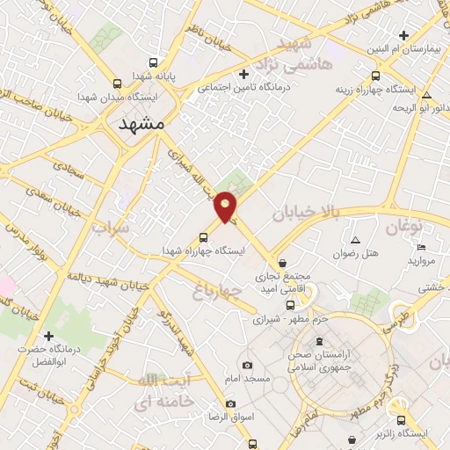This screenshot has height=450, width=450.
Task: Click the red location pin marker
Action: pos(227,207)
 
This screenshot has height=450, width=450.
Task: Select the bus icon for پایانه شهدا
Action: pos(154,63)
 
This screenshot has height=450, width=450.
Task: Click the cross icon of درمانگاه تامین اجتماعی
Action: pos(243,74)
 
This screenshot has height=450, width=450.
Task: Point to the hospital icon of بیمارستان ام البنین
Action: pos(403,35)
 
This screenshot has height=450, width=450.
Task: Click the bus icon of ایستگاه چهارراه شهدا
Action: pos(204,236)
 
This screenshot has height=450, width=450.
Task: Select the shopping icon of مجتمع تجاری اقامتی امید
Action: pos(282,262)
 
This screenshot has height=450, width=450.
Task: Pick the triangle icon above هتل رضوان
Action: pos(356,240)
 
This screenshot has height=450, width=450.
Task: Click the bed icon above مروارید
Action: pos(420,247)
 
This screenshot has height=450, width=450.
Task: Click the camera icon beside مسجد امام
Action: pos(247,365)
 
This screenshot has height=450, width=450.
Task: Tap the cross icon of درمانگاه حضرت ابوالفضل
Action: pos(48,336)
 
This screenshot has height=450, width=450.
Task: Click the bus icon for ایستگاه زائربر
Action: pos(401,420)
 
